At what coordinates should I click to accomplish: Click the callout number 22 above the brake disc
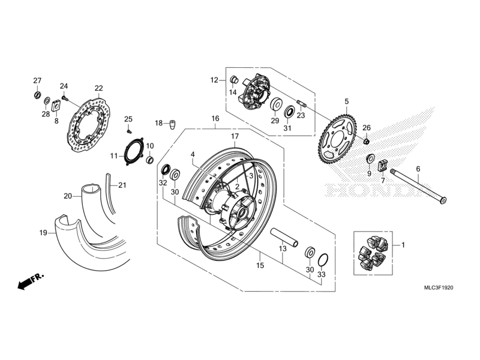(x=98, y=88)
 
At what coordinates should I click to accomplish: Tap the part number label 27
(x=37, y=81)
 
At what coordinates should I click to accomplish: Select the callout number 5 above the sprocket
(x=346, y=101)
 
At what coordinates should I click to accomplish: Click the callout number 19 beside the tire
(x=44, y=232)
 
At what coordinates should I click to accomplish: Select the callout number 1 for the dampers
(x=403, y=245)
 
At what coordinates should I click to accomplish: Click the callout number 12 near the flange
(x=214, y=79)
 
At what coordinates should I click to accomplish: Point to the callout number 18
(x=158, y=123)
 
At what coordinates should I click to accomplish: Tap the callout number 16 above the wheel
(x=215, y=119)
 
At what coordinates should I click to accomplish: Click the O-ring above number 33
(x=322, y=260)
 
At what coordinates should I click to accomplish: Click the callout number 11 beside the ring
(x=113, y=156)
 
